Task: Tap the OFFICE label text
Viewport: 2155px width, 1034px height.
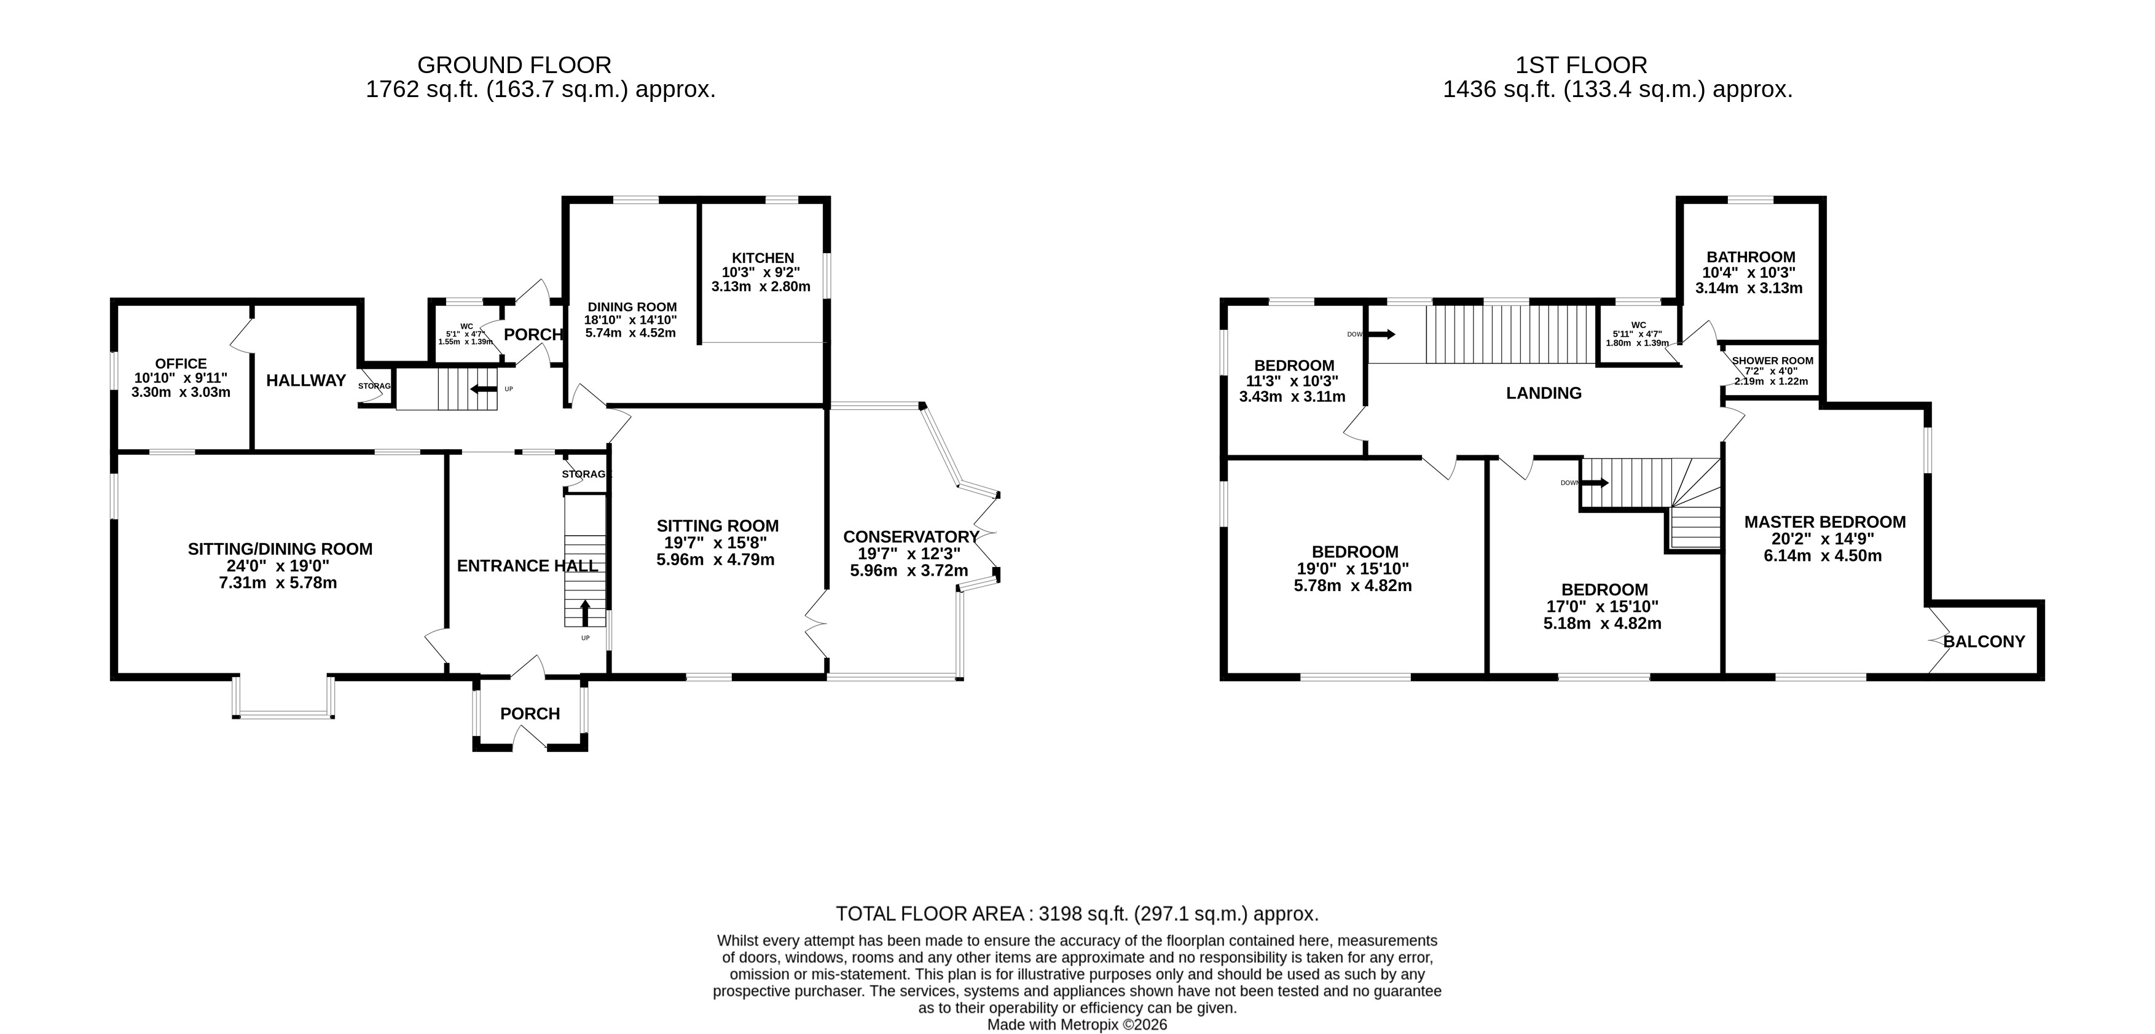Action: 181,364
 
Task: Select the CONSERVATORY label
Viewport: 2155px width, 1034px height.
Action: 911,537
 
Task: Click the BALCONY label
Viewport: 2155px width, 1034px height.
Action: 1984,641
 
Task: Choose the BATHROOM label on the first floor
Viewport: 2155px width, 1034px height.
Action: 1751,257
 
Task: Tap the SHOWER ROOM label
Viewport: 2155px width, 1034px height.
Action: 1773,361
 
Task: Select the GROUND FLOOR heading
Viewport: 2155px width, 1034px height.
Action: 514,65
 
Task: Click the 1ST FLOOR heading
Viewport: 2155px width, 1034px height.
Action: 1581,65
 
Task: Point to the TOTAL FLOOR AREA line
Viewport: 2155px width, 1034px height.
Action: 1077,914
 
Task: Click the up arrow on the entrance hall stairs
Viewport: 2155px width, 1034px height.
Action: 584,613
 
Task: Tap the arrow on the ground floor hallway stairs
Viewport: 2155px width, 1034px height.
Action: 484,389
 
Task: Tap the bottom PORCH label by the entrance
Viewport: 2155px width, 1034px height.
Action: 530,713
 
